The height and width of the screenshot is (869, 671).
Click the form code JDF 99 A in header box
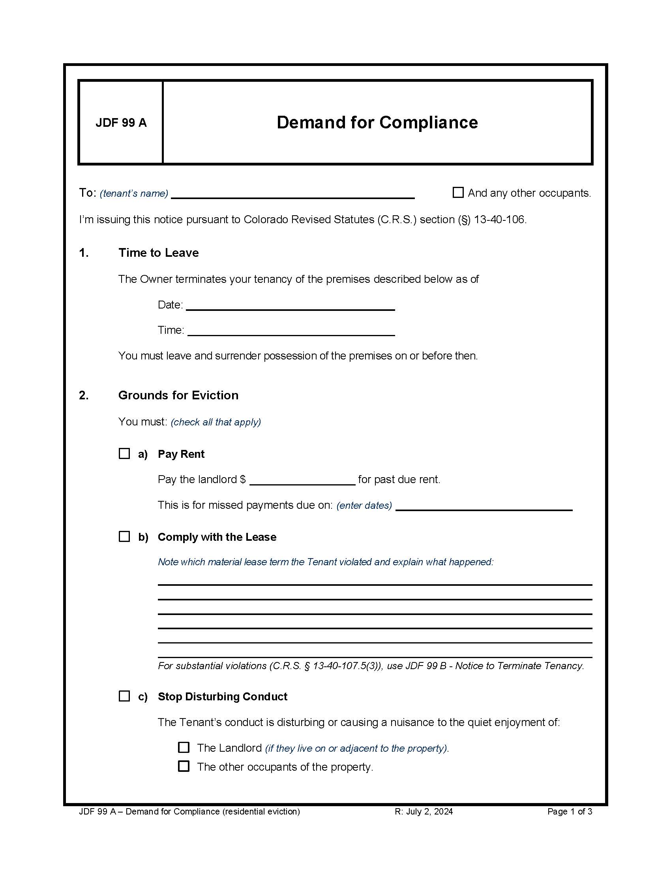click(x=121, y=122)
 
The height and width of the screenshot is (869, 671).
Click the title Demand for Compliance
click(x=377, y=122)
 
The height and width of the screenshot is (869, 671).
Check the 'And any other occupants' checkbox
click(x=458, y=193)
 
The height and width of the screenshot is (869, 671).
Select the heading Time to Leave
click(x=158, y=253)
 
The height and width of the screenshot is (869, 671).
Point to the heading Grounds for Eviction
click(x=178, y=395)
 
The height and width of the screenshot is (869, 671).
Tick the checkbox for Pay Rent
click(x=124, y=453)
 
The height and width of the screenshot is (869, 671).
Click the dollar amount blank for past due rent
click(x=302, y=480)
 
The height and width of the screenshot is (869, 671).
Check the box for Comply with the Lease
click(x=124, y=536)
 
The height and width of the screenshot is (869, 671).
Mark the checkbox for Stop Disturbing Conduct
click(x=124, y=696)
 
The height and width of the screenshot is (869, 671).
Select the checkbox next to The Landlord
click(x=184, y=747)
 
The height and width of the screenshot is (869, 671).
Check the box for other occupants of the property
click(x=184, y=766)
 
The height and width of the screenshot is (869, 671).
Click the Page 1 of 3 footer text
click(x=569, y=812)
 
